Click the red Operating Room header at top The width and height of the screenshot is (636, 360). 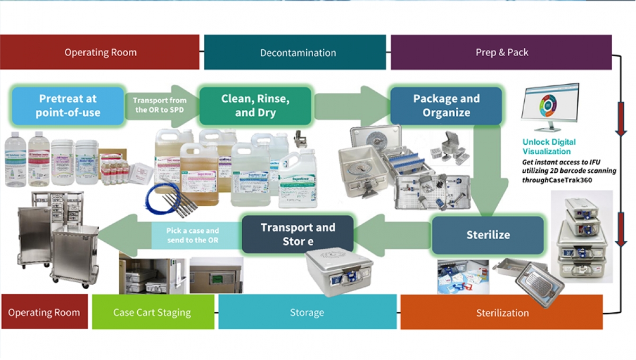coord(100,52)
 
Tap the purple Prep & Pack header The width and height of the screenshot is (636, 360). coord(501,52)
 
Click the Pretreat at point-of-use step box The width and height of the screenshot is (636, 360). coord(67,105)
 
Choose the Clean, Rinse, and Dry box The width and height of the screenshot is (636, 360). coord(255,105)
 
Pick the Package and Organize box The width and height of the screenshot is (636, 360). coord(446,106)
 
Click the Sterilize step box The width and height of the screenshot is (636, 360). coord(488,235)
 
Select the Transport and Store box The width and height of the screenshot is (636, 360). coord(297,234)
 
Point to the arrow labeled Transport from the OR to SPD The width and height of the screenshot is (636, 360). coord(159,105)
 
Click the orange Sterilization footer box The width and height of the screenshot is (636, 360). coord(501,312)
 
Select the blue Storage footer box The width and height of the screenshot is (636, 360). coord(307,312)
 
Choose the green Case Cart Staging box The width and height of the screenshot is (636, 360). coord(152,312)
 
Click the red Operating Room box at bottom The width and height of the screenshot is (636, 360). coord(44,312)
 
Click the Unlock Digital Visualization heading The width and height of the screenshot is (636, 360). coord(549,146)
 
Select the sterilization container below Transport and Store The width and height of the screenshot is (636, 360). coord(339,271)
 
